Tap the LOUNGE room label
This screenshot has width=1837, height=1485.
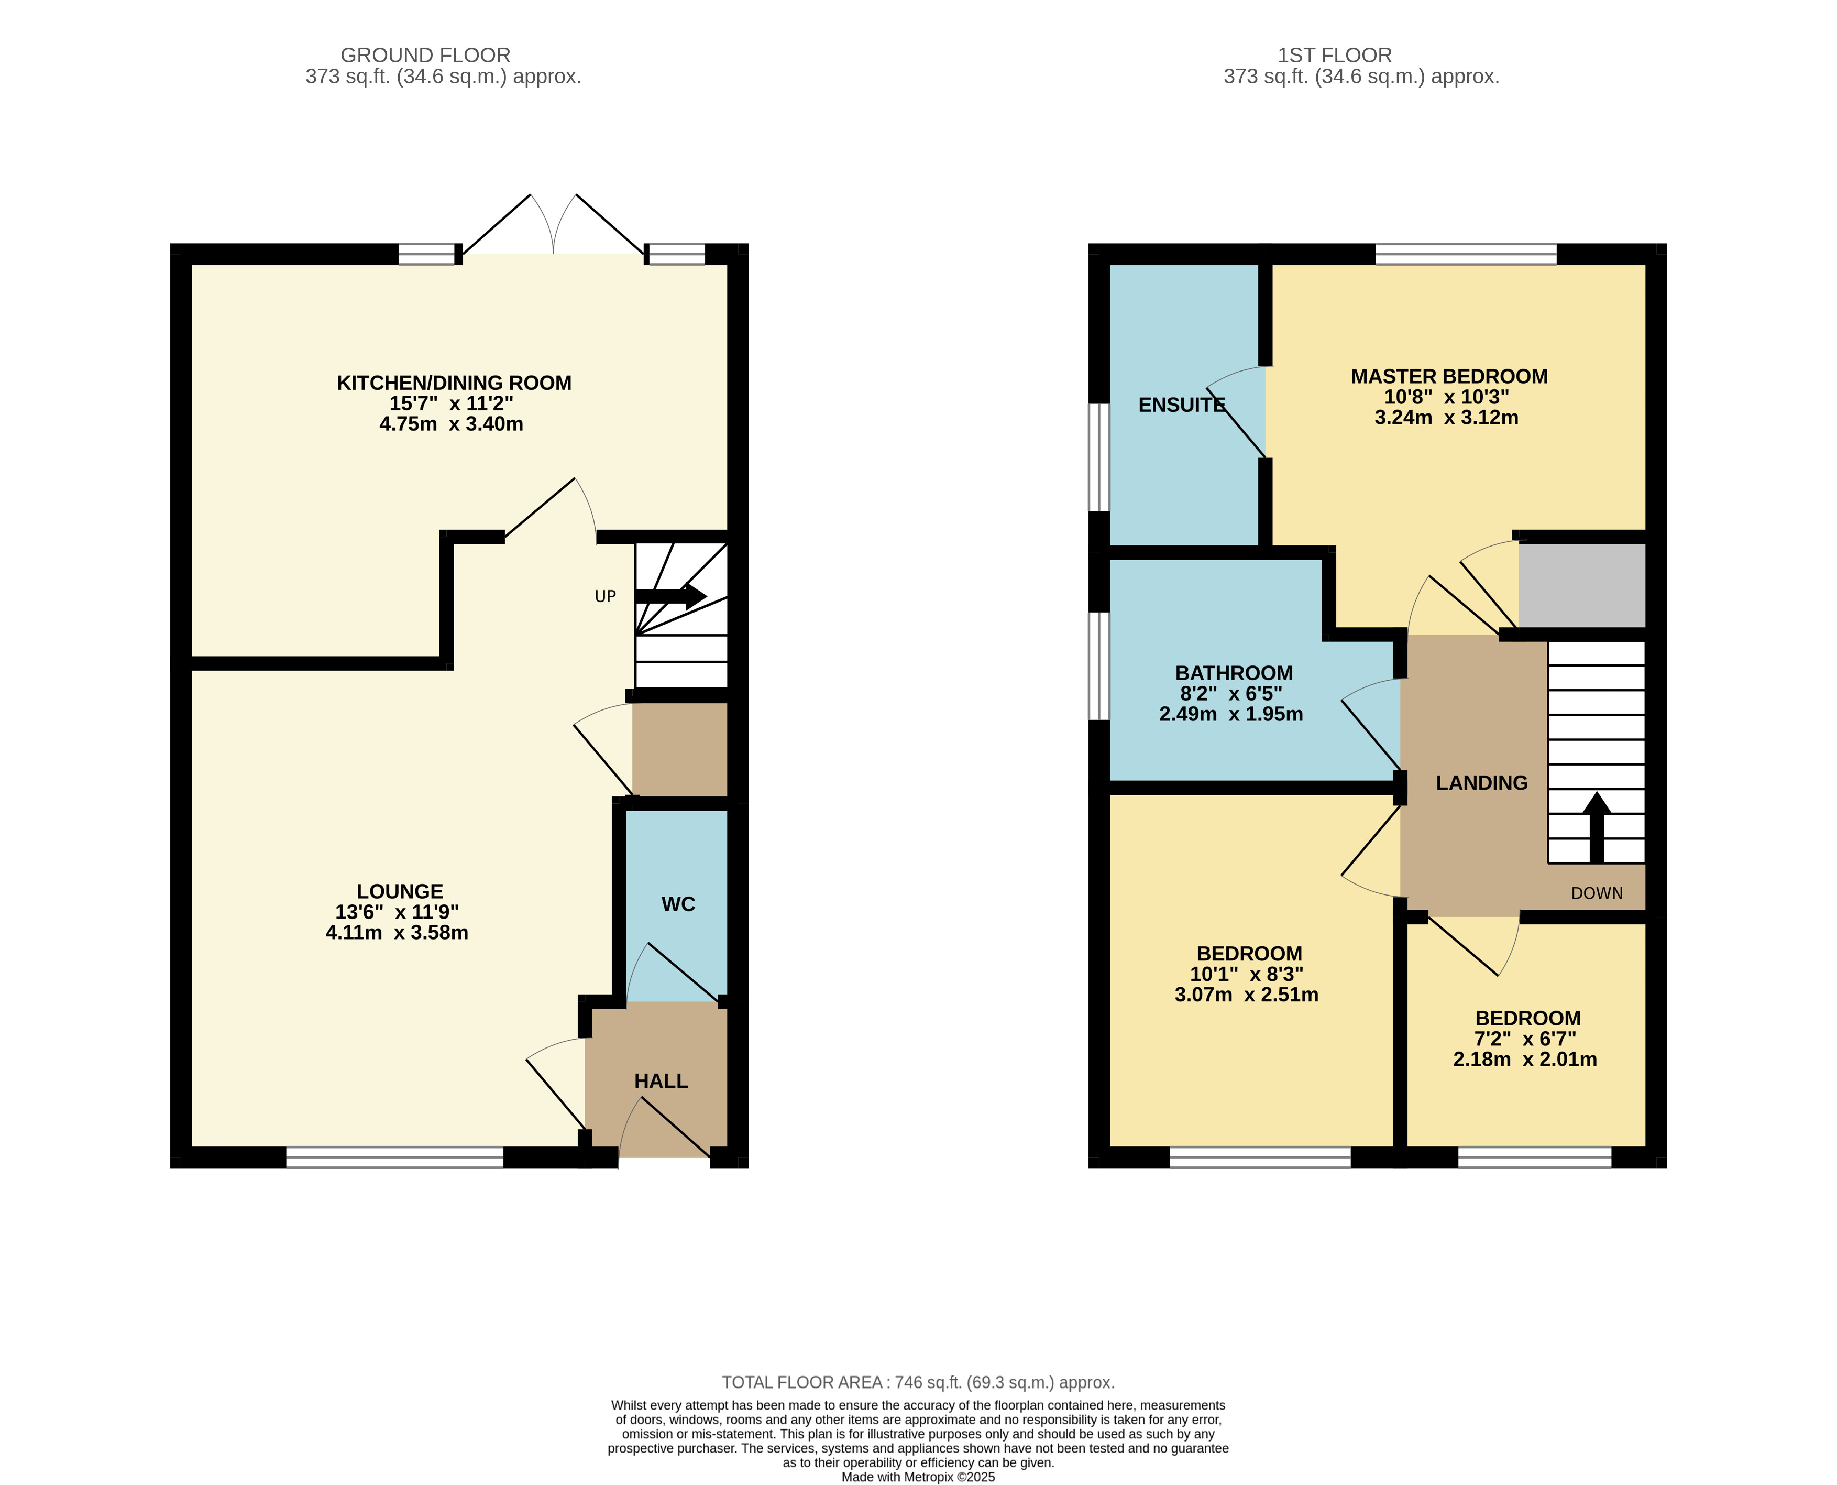point(399,891)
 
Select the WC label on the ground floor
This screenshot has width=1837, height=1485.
point(678,904)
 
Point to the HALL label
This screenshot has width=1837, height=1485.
point(661,1081)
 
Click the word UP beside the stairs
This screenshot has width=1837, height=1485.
point(606,596)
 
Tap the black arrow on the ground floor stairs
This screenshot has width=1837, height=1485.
point(672,596)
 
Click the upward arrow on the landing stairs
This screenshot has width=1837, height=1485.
point(1596,827)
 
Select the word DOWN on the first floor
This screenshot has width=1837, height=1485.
point(1597,893)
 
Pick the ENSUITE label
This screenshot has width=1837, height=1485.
point(1182,405)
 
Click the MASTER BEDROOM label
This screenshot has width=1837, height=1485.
point(1449,376)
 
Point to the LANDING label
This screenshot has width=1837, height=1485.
point(1481,783)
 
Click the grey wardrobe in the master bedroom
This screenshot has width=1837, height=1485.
point(1582,585)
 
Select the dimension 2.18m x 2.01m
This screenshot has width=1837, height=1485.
point(1525,1059)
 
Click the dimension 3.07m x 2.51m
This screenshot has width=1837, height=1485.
point(1246,995)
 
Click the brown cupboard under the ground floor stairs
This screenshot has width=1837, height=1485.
point(680,749)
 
